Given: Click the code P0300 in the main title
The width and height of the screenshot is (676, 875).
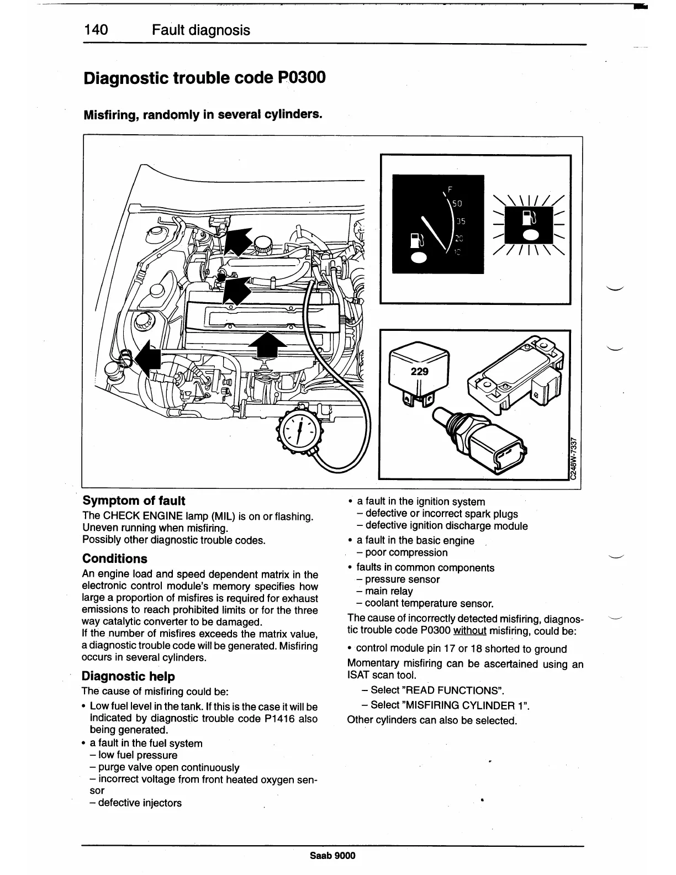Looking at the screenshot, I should pos(299,77).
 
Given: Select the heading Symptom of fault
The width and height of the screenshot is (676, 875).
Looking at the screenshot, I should pos(134,500).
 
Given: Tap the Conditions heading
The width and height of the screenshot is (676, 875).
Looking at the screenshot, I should pos(115,558).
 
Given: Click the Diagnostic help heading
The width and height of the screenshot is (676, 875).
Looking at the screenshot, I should pos(128,676).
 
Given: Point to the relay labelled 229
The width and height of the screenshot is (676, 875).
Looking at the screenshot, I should pos(419,371).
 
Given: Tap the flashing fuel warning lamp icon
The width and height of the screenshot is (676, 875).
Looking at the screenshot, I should pos(530,223).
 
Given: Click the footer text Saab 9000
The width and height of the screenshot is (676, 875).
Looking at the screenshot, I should pos(332,856).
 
